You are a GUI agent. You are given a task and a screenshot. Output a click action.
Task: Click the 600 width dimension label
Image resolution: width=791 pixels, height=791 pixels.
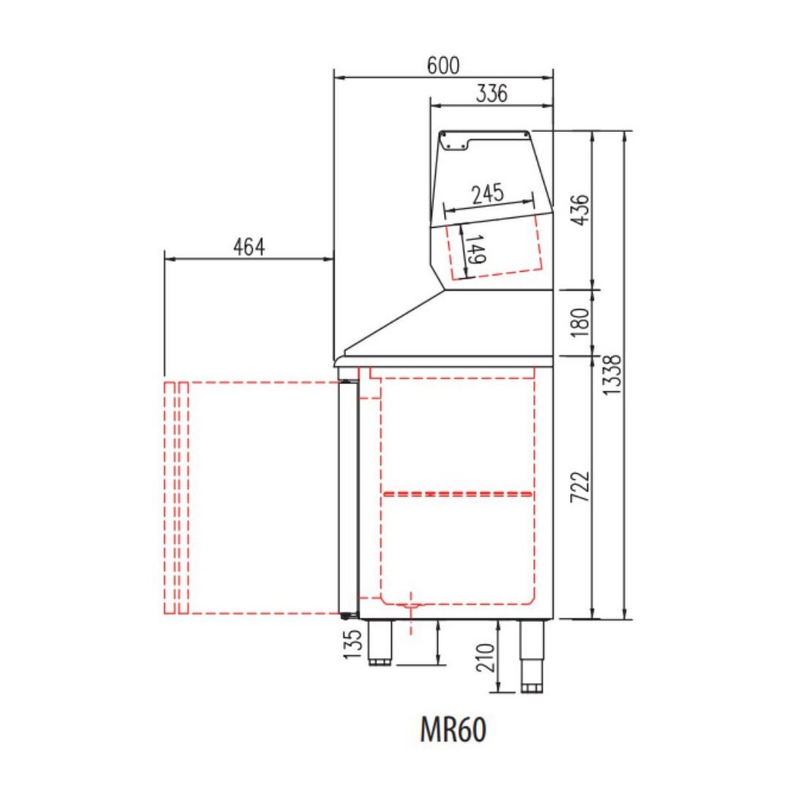[x=443, y=66]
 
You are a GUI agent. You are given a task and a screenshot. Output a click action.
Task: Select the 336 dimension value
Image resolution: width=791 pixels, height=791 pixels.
[x=492, y=93]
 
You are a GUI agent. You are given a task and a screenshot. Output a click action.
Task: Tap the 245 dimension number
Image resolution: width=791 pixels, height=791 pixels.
[x=488, y=194]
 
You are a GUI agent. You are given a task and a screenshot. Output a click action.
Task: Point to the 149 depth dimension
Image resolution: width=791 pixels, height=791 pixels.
[x=476, y=250]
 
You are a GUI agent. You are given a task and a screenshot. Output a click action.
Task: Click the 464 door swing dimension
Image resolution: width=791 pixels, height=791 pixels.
[x=249, y=247]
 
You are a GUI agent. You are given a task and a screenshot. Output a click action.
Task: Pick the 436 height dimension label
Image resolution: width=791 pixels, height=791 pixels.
[x=581, y=210]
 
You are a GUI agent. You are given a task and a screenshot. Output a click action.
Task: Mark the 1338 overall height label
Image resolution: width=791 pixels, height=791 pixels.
[x=613, y=375]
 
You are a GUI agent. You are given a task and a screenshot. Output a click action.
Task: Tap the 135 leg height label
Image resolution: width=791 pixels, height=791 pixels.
[x=352, y=643]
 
